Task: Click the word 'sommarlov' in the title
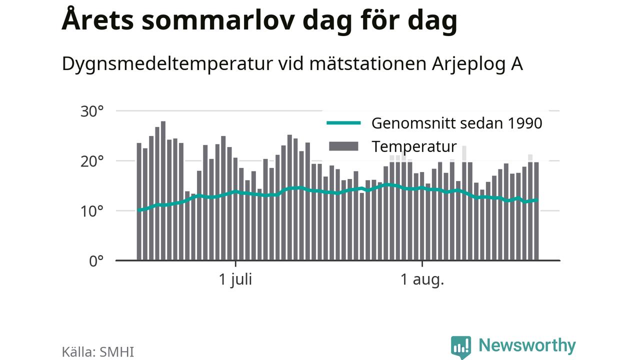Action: point(218,20)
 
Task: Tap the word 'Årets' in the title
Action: point(97,19)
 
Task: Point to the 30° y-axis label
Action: point(92,111)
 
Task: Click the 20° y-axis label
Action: point(92,161)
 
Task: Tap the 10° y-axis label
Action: point(92,211)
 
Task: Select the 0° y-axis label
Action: point(96,261)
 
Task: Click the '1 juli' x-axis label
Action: point(235,279)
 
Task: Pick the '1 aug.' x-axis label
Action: point(422,279)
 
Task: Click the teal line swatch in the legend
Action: point(343,123)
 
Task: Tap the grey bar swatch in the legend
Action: point(343,146)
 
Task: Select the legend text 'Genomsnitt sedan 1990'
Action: point(457,123)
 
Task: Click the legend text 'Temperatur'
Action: point(414,147)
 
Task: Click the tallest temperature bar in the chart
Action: point(163,191)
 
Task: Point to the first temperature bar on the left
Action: point(139,201)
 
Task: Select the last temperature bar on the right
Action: point(536,211)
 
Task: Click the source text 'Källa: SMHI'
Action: point(98,352)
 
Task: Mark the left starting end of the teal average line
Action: point(138,210)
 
